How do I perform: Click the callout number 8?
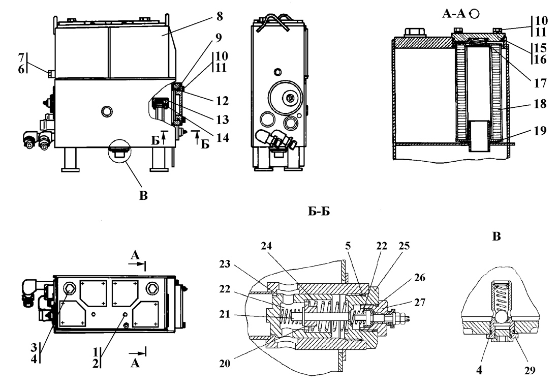pos(219,16)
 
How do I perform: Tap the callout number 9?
pos(219,38)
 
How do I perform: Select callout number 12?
pos(222,101)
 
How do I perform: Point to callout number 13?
pos(223,120)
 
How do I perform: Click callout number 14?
pos(223,137)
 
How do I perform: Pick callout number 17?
pos(540,83)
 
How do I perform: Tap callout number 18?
pos(540,104)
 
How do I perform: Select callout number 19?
pos(540,131)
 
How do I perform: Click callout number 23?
pos(225,264)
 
